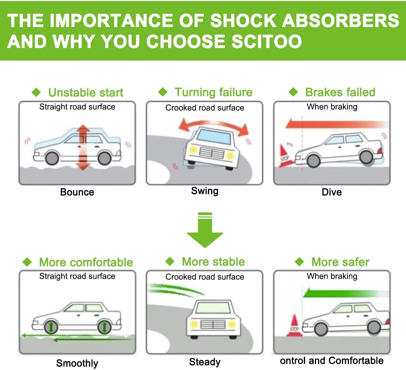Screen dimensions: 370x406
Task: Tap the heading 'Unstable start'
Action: [86, 92]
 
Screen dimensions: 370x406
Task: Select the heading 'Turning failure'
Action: [213, 92]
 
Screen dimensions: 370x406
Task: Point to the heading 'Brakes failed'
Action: [340, 92]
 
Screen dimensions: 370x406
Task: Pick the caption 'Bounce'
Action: [77, 192]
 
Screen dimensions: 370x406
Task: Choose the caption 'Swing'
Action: [205, 191]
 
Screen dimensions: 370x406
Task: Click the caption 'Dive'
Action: [332, 192]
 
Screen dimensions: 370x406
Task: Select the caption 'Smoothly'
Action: [77, 363]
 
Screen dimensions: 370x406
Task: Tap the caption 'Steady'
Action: [205, 362]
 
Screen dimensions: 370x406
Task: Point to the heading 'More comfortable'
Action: [86, 262]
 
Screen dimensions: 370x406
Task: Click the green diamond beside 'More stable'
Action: [170, 261]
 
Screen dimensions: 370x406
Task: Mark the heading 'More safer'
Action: [340, 262]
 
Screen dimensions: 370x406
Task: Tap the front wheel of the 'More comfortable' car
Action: [50, 327]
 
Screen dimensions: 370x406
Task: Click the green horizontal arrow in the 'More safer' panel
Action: [342, 293]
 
